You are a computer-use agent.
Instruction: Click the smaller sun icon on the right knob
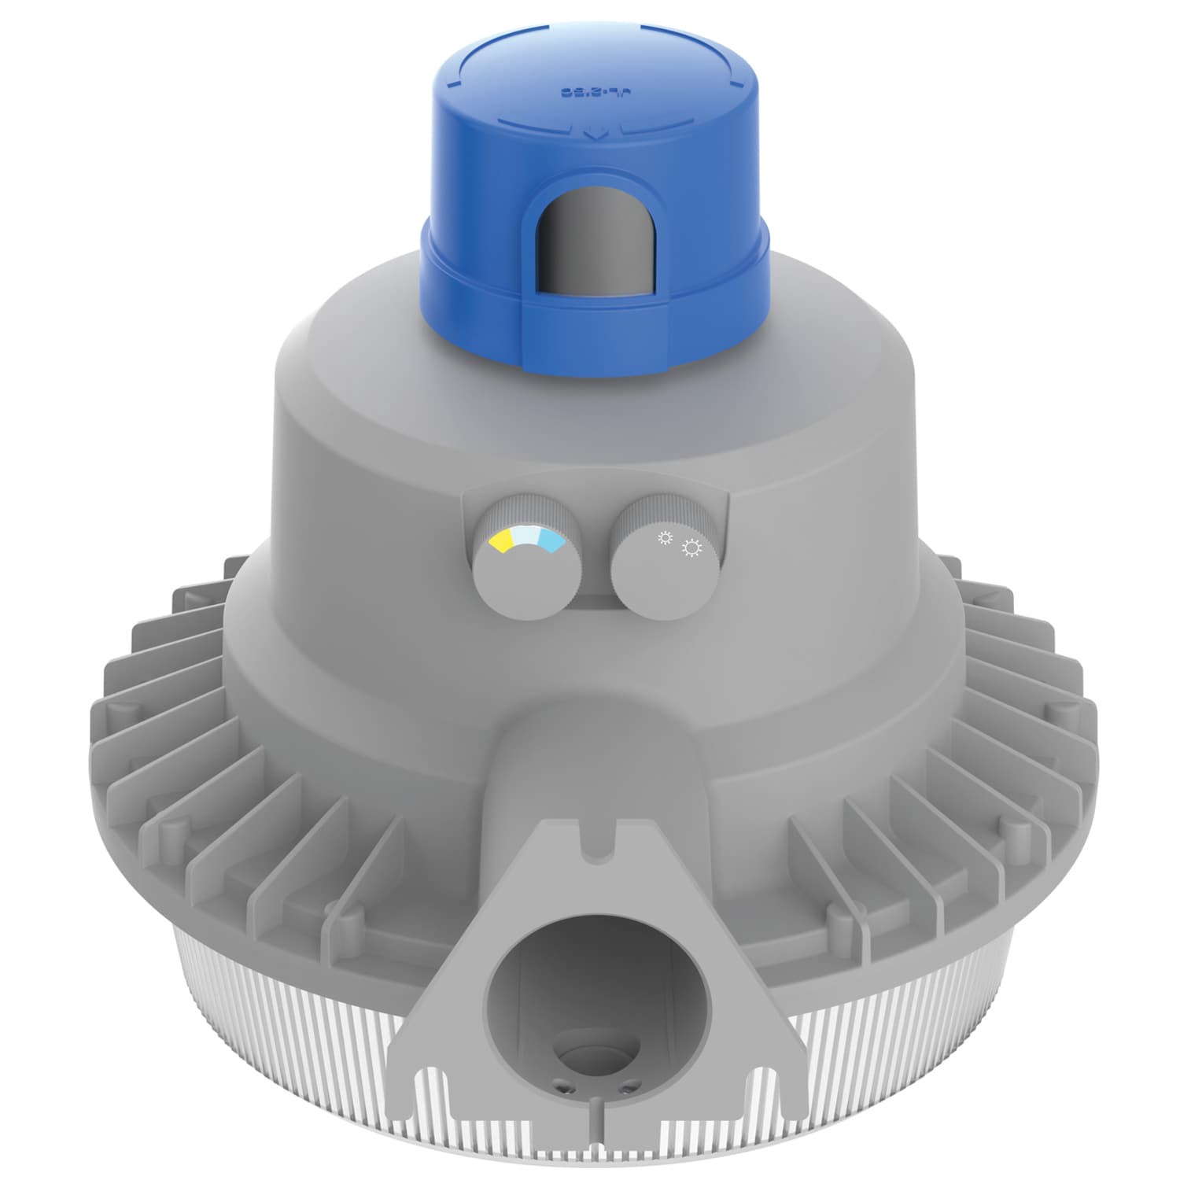666,538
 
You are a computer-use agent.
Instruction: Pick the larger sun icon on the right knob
692,548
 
